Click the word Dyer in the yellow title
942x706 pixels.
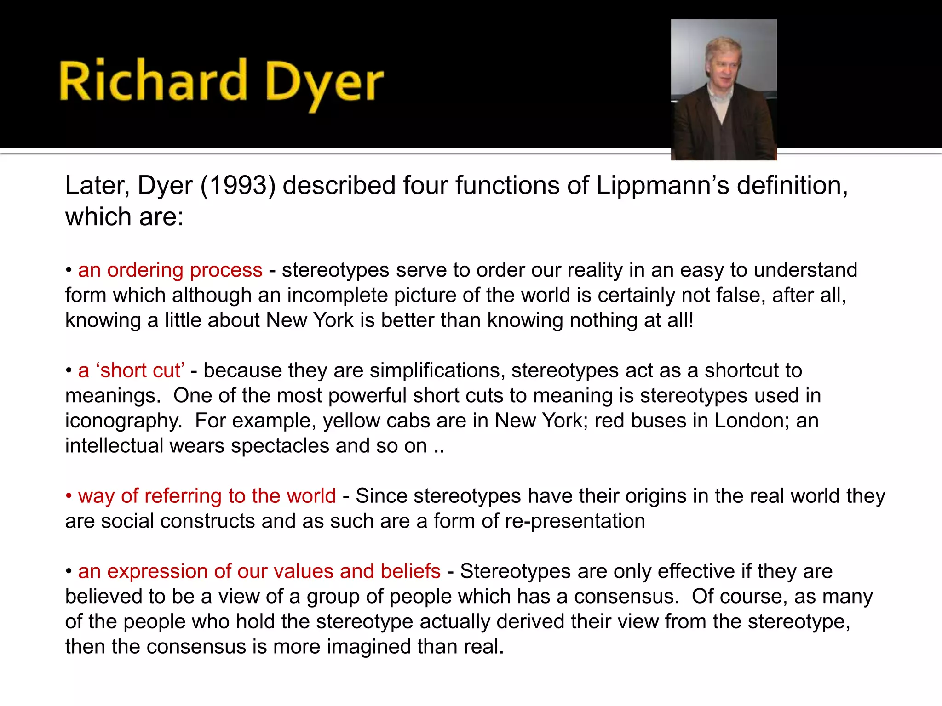324,83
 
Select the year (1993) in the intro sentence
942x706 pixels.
237,186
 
